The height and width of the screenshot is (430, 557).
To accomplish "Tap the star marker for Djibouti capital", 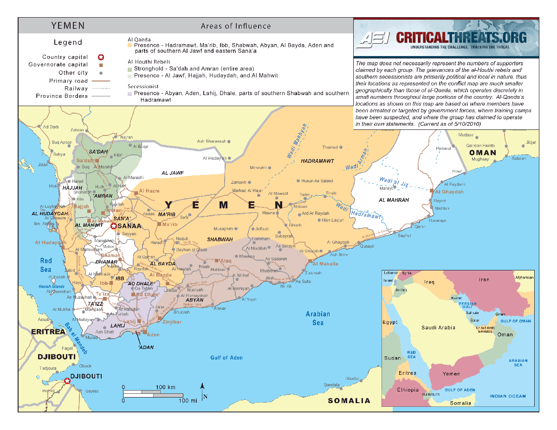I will click(68, 381).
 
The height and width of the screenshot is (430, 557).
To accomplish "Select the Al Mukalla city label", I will click(325, 264).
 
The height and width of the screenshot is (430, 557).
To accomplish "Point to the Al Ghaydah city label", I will click(449, 192).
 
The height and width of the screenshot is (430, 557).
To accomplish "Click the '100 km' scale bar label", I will click(165, 387).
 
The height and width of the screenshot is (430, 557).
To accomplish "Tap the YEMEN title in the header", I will click(68, 26).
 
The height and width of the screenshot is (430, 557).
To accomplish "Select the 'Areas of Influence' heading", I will click(235, 26).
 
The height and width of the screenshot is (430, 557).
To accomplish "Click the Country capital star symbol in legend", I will click(101, 57).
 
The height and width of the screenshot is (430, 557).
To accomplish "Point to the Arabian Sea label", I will click(318, 318).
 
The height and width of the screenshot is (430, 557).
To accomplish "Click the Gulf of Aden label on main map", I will click(226, 358).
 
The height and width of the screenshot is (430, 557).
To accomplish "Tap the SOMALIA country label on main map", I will click(349, 401).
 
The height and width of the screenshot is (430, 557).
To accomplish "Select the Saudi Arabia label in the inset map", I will click(438, 327).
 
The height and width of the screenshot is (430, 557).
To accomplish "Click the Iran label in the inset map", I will click(484, 279).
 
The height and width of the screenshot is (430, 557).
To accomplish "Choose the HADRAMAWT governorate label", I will click(317, 161).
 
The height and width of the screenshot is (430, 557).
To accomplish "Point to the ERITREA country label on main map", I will click(48, 332).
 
